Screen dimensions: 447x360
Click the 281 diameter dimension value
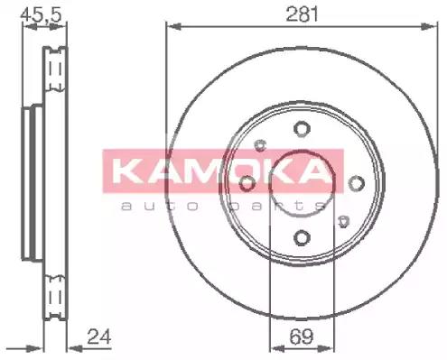click(302, 14)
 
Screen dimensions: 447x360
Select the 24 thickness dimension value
click(99, 337)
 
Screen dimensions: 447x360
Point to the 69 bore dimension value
click(302, 337)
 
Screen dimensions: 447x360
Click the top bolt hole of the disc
click(302, 129)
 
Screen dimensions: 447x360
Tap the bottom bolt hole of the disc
click(302, 237)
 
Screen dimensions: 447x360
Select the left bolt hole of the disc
click(247, 183)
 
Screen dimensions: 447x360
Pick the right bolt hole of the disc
click(357, 183)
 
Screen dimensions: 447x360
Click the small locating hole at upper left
click(261, 145)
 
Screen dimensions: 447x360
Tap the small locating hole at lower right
click(343, 222)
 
